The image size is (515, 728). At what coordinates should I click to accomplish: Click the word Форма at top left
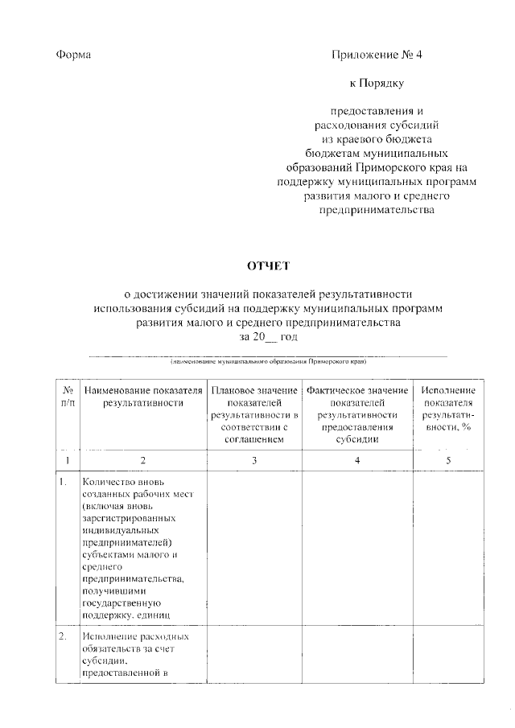tap(74, 55)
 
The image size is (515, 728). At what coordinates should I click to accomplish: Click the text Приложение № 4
tap(376, 55)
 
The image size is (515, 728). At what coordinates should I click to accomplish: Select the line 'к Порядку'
tap(376, 82)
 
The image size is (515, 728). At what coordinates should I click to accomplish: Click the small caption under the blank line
tap(268, 362)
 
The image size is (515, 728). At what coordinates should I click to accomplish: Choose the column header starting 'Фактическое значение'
tap(357, 415)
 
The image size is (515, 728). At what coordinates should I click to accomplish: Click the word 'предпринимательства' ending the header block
tap(376, 210)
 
